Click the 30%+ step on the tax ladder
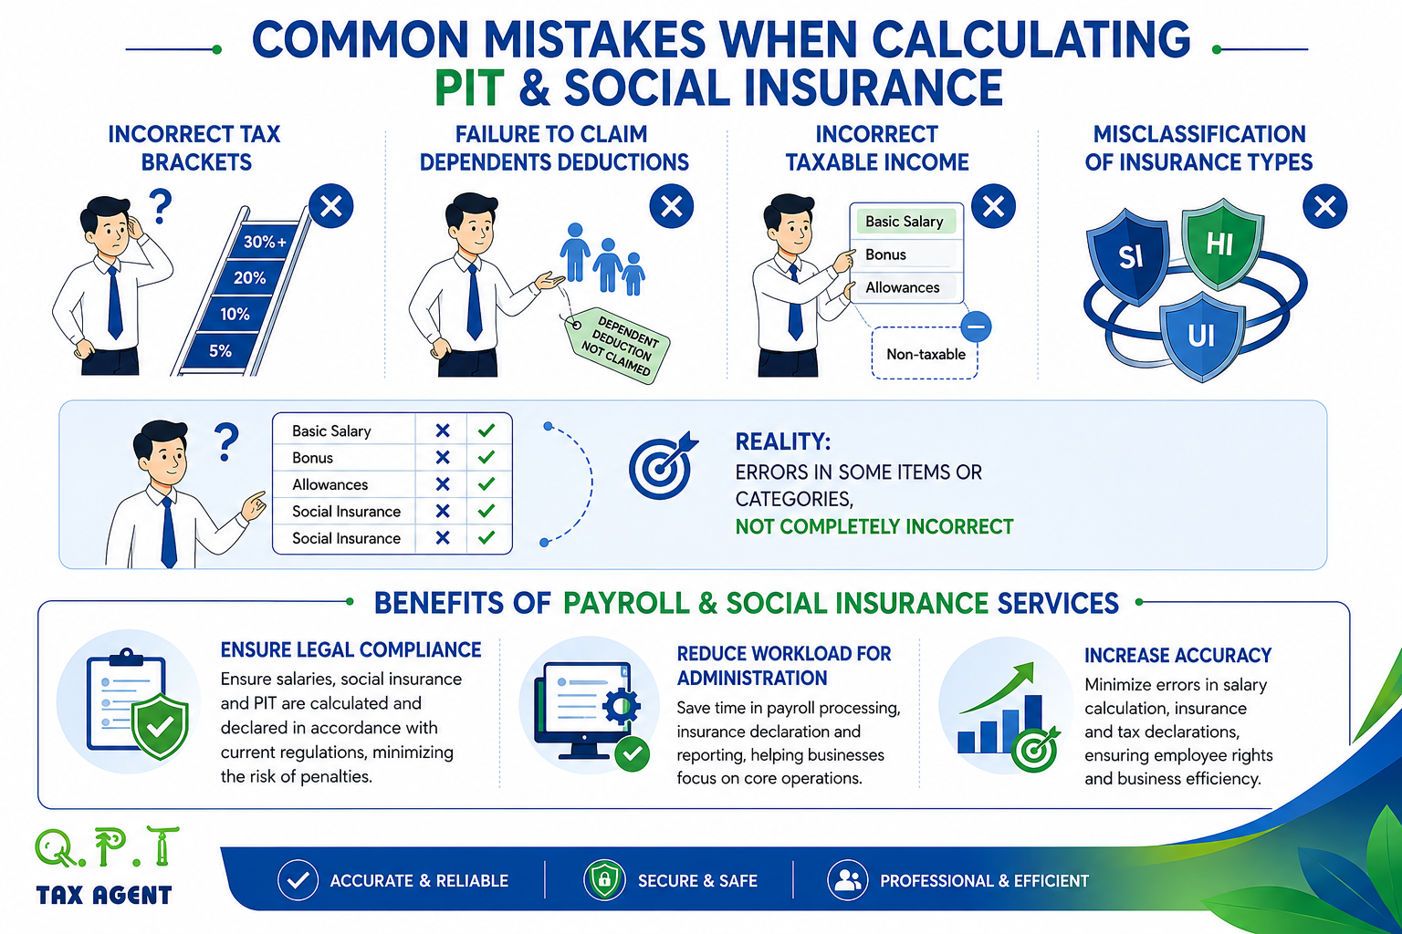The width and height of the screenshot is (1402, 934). [264, 242]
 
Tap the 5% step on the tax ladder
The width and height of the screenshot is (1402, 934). [220, 350]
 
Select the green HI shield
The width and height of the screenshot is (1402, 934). [1221, 244]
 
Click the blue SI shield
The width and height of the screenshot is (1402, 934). [1128, 256]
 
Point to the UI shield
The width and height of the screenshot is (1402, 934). [1201, 337]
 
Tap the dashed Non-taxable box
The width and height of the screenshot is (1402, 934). [925, 354]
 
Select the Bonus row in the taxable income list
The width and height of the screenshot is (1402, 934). [905, 254]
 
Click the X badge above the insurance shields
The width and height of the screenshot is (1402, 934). [1324, 206]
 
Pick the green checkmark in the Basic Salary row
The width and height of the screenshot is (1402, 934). [487, 431]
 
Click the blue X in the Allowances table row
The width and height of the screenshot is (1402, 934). [443, 484]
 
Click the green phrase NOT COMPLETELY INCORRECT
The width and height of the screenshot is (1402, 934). [874, 527]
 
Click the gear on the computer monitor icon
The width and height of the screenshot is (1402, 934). [621, 705]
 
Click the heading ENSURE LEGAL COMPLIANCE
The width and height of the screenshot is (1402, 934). [350, 650]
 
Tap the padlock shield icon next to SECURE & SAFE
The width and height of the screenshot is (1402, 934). [604, 879]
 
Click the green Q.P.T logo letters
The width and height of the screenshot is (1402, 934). [107, 847]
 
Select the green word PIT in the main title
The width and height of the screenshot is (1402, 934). [469, 88]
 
